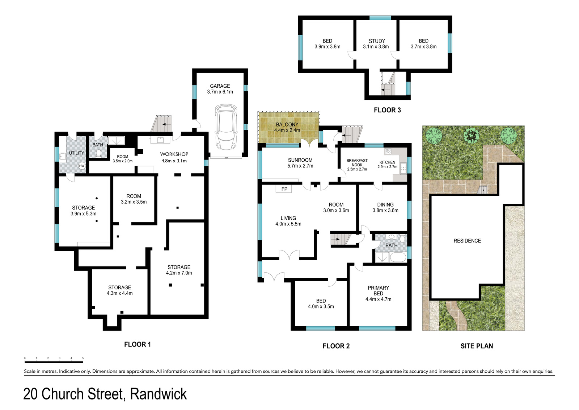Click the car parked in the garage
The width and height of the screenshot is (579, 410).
[x=226, y=127]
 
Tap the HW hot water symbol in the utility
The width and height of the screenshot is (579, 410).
[x=82, y=166]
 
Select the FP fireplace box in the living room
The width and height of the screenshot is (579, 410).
[x=284, y=189]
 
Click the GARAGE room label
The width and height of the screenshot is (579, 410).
[x=220, y=86]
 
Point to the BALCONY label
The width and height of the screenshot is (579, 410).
[x=287, y=125]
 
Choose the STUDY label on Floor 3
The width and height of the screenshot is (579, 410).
[x=377, y=41]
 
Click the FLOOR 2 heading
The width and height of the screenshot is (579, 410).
[x=336, y=346]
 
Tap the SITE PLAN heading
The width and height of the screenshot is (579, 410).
[x=477, y=346]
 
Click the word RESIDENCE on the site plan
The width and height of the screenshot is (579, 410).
[x=467, y=241]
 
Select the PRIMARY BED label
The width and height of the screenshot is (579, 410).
[x=379, y=291]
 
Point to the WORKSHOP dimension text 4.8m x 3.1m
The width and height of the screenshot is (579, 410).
[x=174, y=161]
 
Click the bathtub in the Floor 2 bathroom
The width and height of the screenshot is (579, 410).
[x=398, y=257]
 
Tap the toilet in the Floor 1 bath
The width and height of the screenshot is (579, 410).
[x=98, y=153]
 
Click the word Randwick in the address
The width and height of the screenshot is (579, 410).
[x=158, y=394]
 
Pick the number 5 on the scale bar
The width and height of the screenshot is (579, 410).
[x=83, y=358]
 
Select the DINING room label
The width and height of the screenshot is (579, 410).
[x=385, y=204]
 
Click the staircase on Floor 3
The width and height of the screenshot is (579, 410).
[x=388, y=83]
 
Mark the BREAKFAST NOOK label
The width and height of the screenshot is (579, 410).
[x=357, y=163]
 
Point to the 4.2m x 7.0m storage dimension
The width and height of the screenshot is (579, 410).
[x=179, y=273]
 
